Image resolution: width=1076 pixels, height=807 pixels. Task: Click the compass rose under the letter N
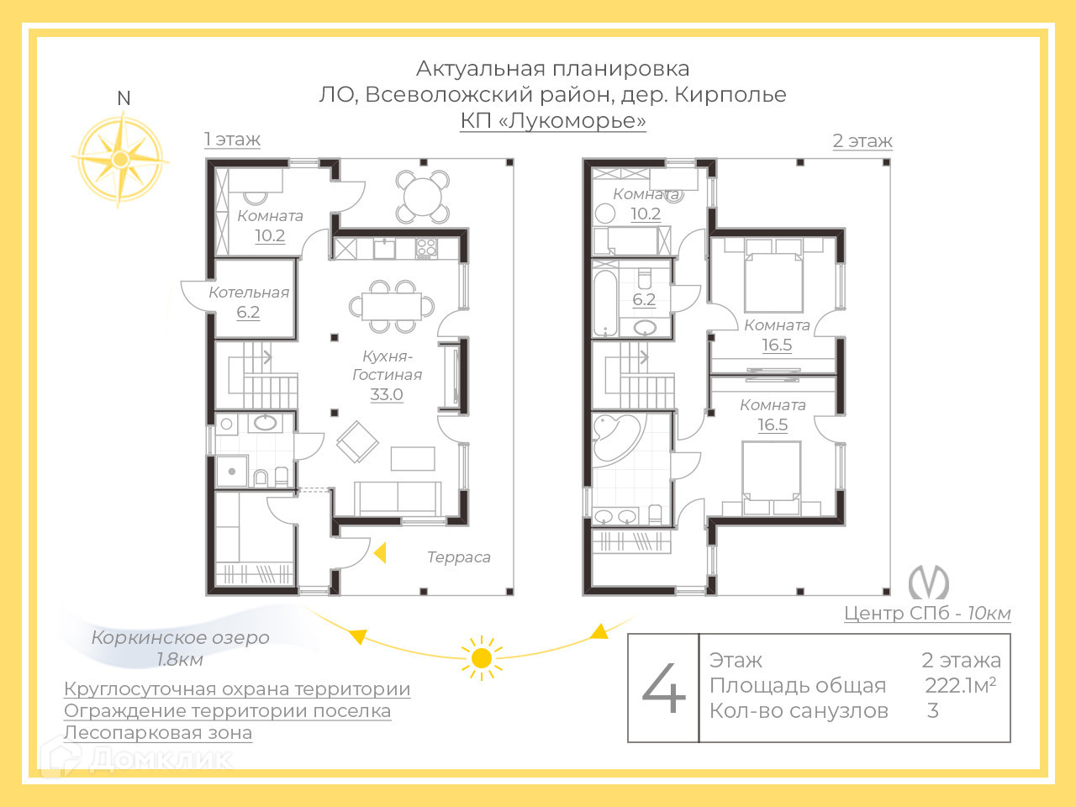click(119, 158)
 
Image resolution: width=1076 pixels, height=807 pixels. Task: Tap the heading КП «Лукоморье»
click(553, 121)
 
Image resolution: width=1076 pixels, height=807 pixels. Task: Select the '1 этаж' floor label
click(232, 140)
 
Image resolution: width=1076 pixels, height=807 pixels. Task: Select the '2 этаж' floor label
click(862, 141)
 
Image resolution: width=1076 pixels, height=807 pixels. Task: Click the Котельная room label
click(249, 293)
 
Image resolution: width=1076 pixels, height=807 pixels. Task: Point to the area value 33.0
click(387, 394)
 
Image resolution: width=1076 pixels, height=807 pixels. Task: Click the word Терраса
click(458, 556)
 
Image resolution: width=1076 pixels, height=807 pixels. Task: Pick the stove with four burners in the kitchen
click(426, 248)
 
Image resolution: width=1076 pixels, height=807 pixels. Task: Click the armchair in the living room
click(357, 441)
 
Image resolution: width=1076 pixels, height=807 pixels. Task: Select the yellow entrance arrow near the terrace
click(380, 553)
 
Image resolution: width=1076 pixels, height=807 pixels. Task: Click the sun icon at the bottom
click(482, 657)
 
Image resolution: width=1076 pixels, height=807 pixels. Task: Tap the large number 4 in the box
click(664, 687)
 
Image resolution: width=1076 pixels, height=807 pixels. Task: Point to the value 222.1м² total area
click(960, 685)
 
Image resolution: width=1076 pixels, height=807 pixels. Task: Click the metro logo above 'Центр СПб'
click(928, 582)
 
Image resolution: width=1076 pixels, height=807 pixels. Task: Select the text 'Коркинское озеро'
click(180, 637)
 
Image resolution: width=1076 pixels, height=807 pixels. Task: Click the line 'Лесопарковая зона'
click(158, 733)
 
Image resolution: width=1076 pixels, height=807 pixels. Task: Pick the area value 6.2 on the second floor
click(644, 299)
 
